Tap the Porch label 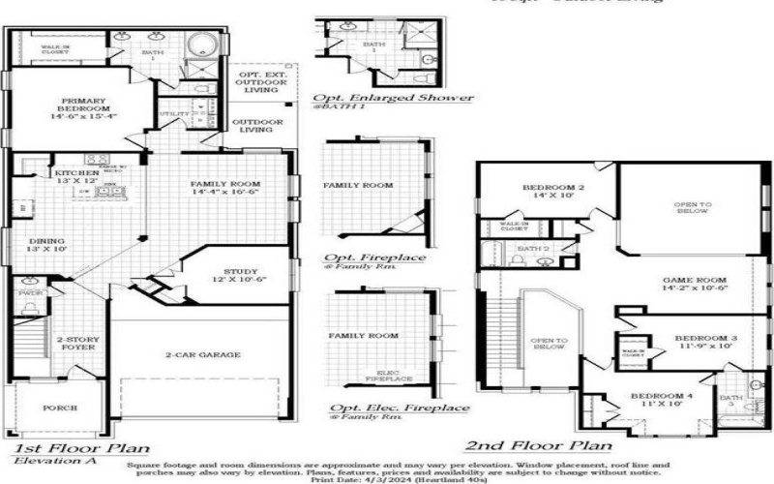point(60,408)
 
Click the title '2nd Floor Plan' point(538,446)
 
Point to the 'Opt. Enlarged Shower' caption point(392,98)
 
